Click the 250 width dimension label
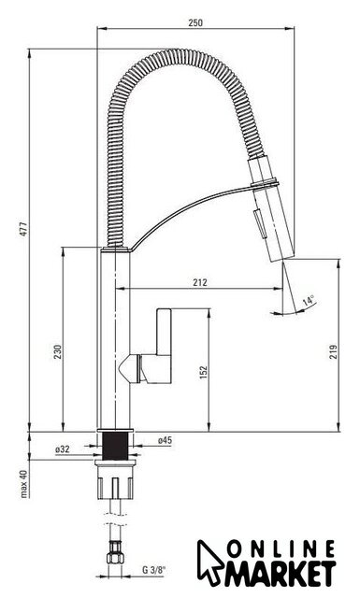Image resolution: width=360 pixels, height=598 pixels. [x=195, y=22]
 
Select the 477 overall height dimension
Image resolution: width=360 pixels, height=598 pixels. [x=24, y=229]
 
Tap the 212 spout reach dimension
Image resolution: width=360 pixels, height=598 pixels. [x=200, y=282]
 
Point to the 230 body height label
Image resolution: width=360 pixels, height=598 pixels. [x=58, y=351]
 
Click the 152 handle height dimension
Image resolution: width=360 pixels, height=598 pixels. [x=204, y=372]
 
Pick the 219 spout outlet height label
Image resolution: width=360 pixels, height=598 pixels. [x=334, y=351]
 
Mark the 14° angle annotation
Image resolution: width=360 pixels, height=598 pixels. [x=309, y=301]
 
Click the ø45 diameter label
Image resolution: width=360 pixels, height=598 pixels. [x=165, y=440]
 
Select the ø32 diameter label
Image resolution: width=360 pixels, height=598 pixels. [x=63, y=449]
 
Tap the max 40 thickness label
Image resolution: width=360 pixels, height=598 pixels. [x=24, y=484]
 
